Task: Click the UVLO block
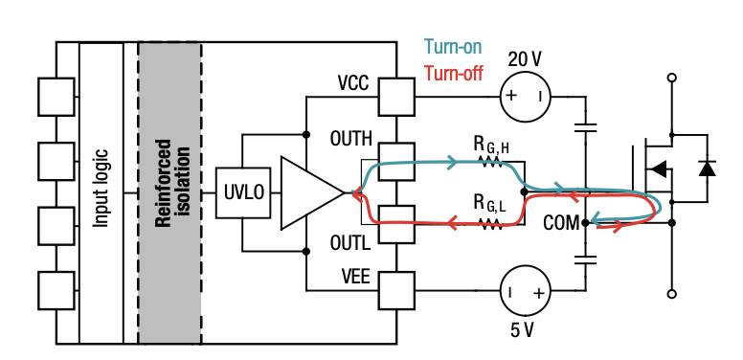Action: (x=243, y=192)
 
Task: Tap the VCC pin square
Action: (x=396, y=97)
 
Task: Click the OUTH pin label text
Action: (x=351, y=139)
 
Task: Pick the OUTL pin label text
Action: (x=350, y=243)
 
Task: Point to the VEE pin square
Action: (x=396, y=290)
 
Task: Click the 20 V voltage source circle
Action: (x=526, y=97)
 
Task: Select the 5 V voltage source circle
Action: (x=526, y=291)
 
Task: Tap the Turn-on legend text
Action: (x=453, y=47)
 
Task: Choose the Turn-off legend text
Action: (x=454, y=74)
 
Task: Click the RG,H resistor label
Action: (x=491, y=146)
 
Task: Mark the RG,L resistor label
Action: (x=490, y=203)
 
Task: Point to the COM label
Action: (x=561, y=223)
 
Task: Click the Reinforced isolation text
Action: (x=172, y=183)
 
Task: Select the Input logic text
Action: (x=101, y=189)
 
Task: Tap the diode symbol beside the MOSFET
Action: (x=707, y=169)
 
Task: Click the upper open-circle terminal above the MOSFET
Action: (x=671, y=78)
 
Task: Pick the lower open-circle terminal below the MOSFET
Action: (x=671, y=294)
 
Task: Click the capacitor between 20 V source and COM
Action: (x=585, y=127)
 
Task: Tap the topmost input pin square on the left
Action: (x=56, y=97)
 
